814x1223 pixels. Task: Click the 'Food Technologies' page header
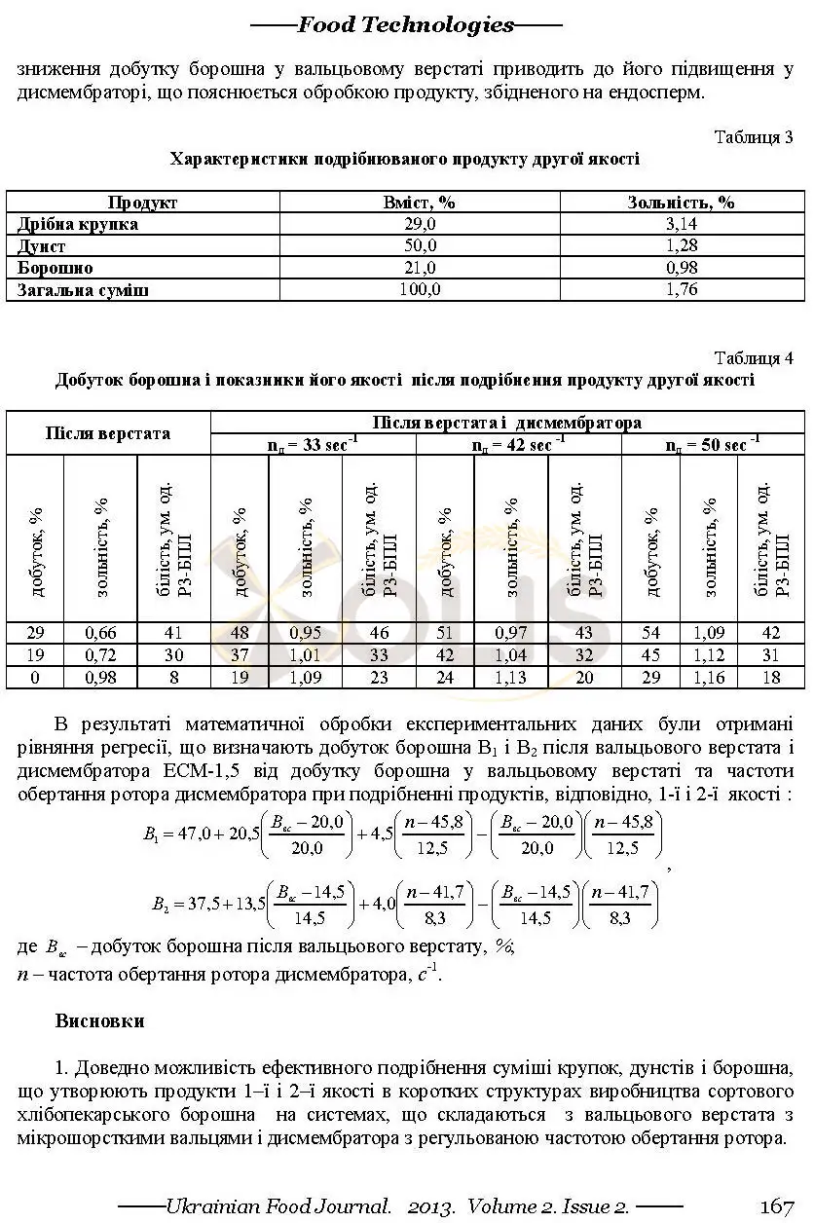point(406,25)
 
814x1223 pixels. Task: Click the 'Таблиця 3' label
point(754,136)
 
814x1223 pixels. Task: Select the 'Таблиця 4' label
point(754,357)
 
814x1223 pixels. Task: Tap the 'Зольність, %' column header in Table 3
point(682,203)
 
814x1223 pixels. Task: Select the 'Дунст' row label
point(41,246)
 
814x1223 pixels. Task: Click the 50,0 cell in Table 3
point(420,246)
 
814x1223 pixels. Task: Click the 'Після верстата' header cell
point(107,433)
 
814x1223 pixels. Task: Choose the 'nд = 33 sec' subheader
point(313,445)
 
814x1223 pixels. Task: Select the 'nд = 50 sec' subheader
point(713,445)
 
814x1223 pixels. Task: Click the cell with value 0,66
point(100,634)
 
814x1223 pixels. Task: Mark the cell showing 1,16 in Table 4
point(709,677)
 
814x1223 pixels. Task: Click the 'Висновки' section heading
point(100,1021)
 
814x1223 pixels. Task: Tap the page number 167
point(776,1206)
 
